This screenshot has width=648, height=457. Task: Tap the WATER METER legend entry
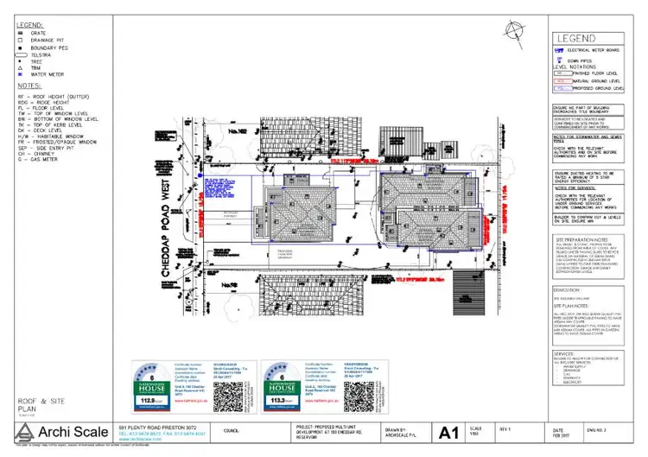[x=48, y=75]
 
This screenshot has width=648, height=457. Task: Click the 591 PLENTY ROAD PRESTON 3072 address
[x=154, y=427]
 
